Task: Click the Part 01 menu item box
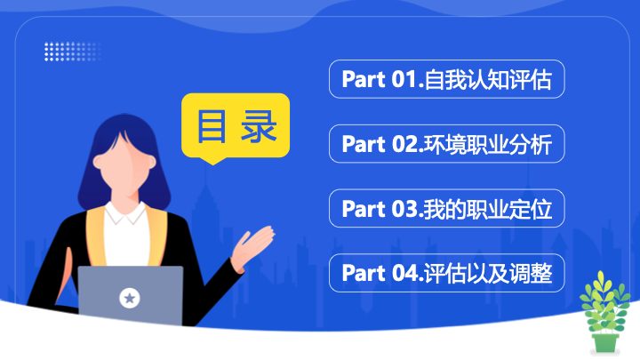tap(446, 79)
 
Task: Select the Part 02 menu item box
tap(446, 144)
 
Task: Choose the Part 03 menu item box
tap(446, 208)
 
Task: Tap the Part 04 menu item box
tap(446, 273)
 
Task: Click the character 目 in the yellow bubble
tap(212, 126)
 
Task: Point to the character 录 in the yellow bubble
tap(259, 126)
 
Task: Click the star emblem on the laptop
tap(130, 298)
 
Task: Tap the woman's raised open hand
tap(252, 247)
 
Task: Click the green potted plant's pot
tap(605, 343)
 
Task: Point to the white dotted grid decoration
tap(72, 52)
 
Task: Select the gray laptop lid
tap(131, 296)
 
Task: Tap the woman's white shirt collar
tap(125, 213)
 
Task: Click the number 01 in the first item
tap(404, 79)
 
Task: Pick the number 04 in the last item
tap(404, 273)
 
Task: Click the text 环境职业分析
tap(488, 144)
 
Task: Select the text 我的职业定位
tap(488, 209)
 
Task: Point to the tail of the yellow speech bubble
tap(212, 161)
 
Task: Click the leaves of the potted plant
tap(604, 302)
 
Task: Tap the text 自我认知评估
tap(488, 80)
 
